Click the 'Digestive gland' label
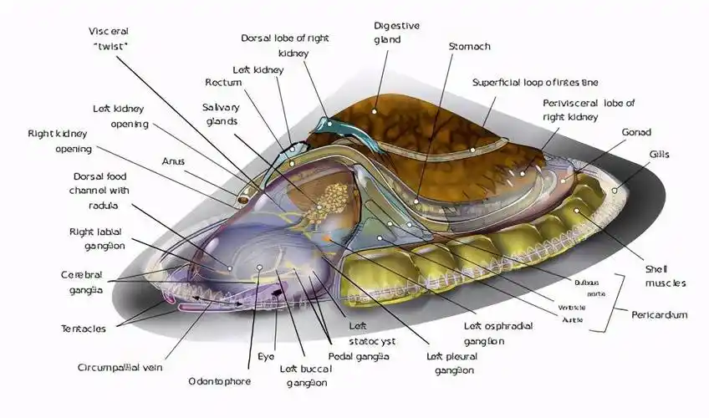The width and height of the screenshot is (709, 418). pos(396,33)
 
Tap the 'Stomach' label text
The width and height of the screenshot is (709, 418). pos(469,46)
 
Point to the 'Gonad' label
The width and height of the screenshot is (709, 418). pos(636,132)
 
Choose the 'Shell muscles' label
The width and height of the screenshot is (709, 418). pos(665,276)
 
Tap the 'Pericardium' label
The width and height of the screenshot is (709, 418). pos(660,314)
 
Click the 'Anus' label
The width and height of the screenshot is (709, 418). pos(173,161)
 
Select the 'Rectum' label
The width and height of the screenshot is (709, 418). pos(223,82)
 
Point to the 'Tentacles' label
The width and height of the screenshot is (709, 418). pos(84,329)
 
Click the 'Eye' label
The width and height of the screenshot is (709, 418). pos(266,357)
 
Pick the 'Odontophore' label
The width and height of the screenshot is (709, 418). pos(220,381)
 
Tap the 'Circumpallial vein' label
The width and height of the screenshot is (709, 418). pos(120,367)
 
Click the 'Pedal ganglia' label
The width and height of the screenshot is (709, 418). pos(359,356)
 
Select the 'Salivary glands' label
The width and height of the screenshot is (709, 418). pos(221,115)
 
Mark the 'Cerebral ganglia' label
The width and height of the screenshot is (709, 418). pos(82,282)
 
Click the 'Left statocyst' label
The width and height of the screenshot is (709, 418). pos(372,334)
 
